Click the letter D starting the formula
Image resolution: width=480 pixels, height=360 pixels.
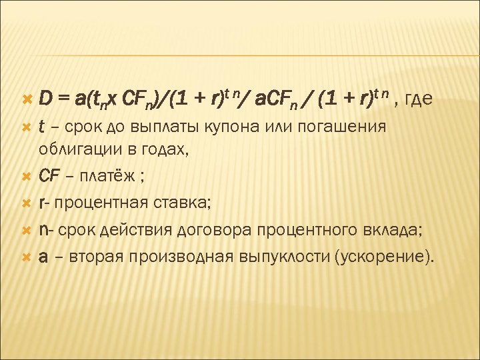(45, 100)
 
